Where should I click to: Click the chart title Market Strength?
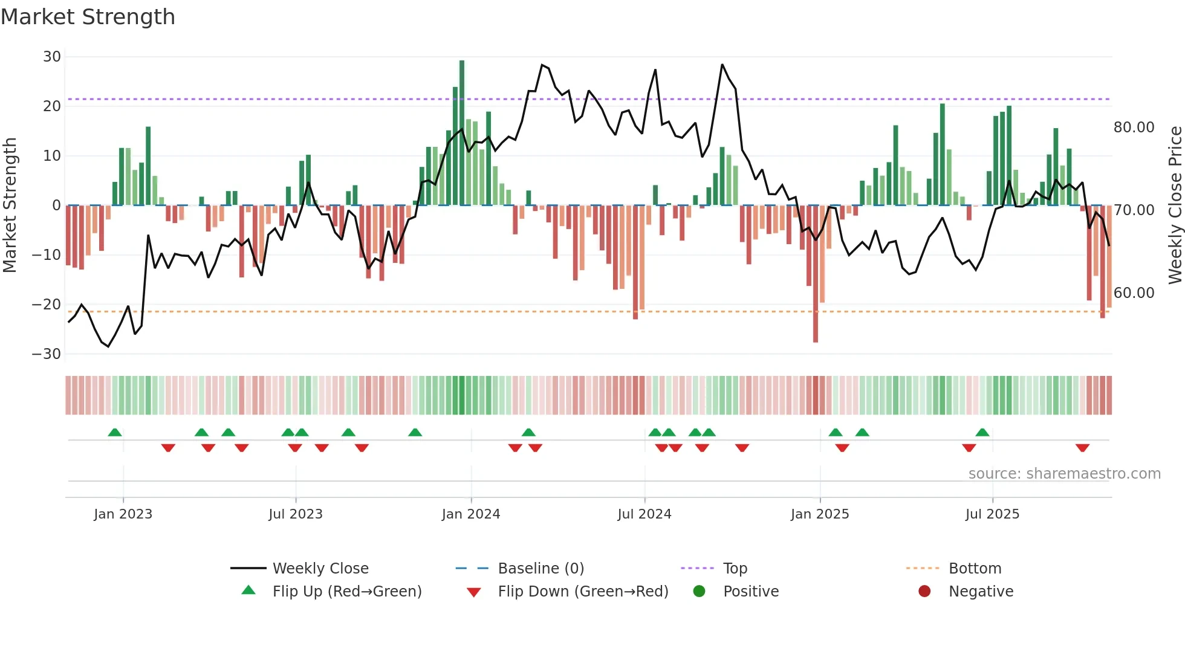tap(88, 17)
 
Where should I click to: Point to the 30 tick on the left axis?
tap(52, 57)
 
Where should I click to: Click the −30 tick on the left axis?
tap(47, 354)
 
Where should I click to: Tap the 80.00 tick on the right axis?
tap(1134, 128)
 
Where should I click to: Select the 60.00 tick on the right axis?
tap(1134, 293)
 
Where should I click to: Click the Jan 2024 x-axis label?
tap(470, 514)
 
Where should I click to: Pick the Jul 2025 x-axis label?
tap(992, 514)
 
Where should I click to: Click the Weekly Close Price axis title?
tap(1175, 205)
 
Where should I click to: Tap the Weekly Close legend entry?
tap(320, 569)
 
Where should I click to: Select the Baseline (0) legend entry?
tap(541, 569)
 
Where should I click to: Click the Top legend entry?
tap(735, 569)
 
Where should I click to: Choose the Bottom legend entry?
tap(975, 569)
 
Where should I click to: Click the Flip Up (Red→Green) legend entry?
tap(346, 592)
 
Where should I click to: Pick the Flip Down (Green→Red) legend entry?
tap(583, 592)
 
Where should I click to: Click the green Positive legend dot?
tap(699, 592)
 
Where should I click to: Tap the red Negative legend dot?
tap(924, 592)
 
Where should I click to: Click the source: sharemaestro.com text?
tap(1064, 474)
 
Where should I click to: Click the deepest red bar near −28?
tap(815, 275)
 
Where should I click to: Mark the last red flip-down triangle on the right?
tap(1082, 448)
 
